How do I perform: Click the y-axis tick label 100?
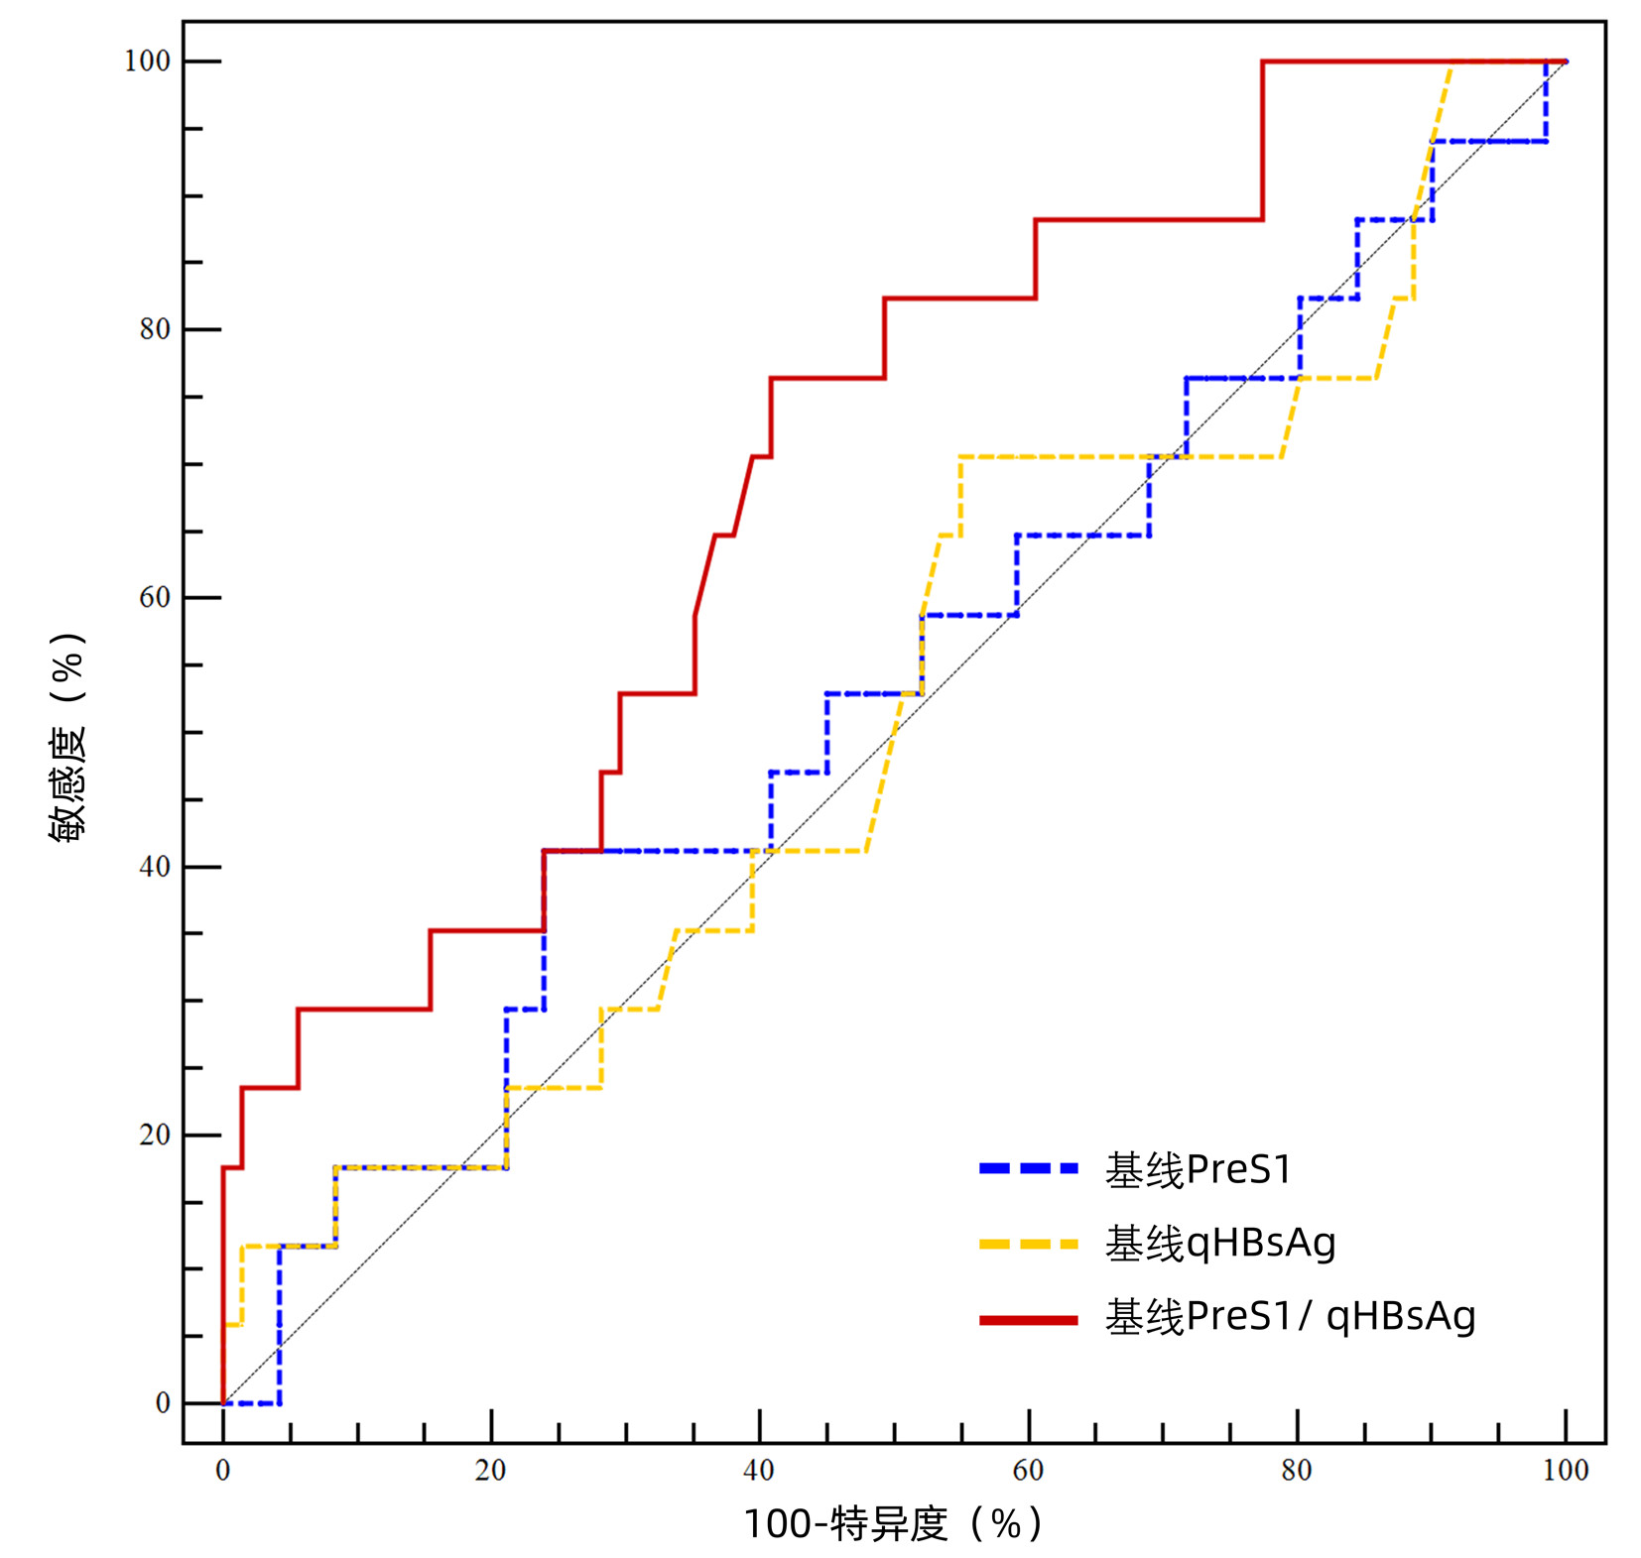pos(146,61)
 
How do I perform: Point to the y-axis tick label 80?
pos(155,329)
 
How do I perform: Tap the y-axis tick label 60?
pos(155,598)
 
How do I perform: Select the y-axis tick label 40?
pos(155,867)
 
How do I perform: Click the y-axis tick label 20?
pos(155,1135)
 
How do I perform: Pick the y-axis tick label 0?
pos(163,1403)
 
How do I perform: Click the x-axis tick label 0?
pos(223,1470)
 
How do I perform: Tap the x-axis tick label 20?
pos(491,1470)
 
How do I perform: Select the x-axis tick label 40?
pos(759,1470)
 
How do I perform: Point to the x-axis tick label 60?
pos(1029,1470)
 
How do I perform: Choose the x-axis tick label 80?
pos(1297,1470)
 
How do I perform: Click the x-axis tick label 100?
pos(1566,1470)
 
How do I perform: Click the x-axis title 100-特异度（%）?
pos(893,1523)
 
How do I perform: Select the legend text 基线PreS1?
pos(1199,1170)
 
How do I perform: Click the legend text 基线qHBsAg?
pos(1220,1244)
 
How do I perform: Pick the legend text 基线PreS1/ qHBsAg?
pos(1290,1317)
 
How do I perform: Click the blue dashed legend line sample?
pos(1028,1169)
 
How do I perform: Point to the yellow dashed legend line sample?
pos(1028,1244)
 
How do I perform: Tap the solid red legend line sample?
pos(1028,1320)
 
